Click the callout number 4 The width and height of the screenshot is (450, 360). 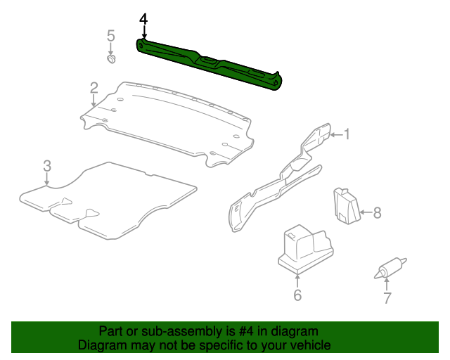click(x=143, y=18)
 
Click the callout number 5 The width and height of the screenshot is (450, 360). click(x=110, y=36)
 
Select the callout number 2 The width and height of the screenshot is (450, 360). click(x=94, y=88)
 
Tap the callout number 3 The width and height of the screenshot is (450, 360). click(x=47, y=166)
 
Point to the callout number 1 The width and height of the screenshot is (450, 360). click(x=346, y=134)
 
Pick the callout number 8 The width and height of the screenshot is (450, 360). click(x=377, y=212)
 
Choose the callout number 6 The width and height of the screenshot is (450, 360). click(x=297, y=295)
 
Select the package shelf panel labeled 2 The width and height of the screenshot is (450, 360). click(x=169, y=120)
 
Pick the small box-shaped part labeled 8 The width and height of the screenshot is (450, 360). click(x=346, y=205)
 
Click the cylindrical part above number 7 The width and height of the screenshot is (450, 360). click(x=389, y=268)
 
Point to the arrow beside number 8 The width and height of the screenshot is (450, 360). click(x=364, y=212)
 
